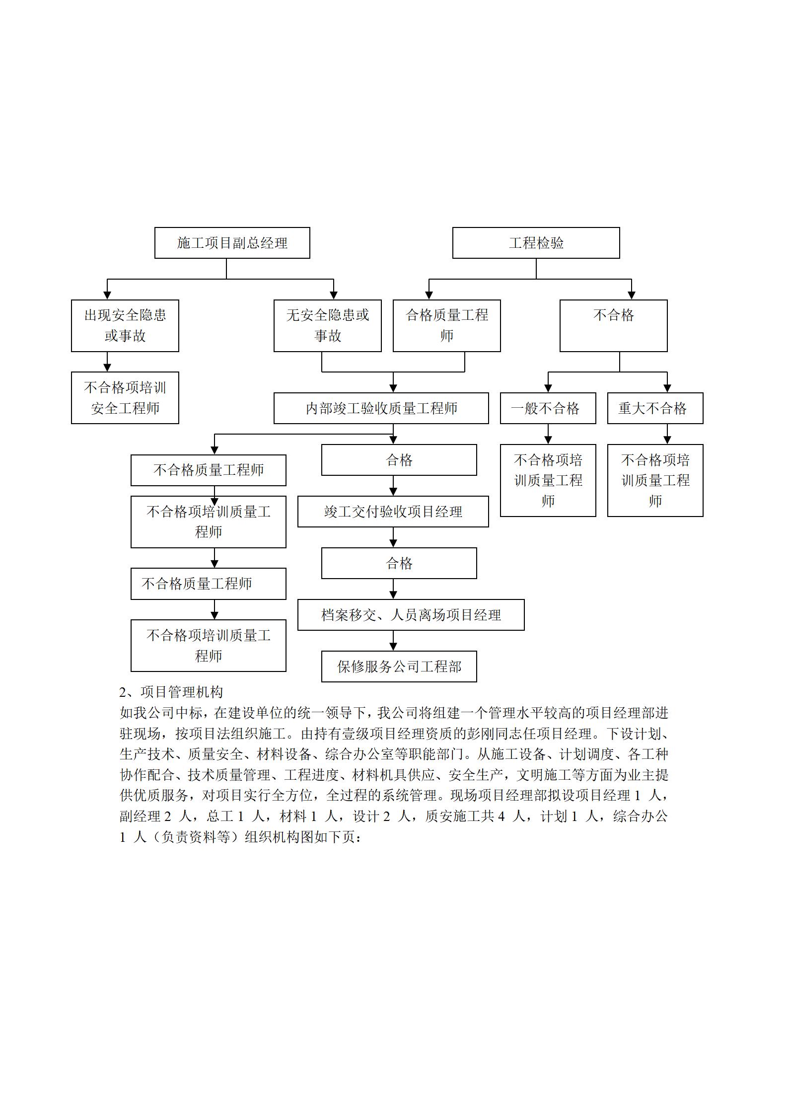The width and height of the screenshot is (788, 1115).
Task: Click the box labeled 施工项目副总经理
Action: coord(232,243)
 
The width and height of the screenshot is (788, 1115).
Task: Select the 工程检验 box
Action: coord(536,243)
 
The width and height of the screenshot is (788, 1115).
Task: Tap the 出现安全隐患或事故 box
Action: coord(125,326)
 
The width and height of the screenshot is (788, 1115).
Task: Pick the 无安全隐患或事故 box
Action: coord(328,326)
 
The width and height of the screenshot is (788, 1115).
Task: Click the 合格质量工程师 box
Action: coord(447,326)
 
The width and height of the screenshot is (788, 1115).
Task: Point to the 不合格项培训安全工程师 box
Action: coord(125,398)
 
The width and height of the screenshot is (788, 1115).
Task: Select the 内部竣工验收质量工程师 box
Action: coord(381,408)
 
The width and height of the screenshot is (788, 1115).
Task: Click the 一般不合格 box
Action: coord(548,408)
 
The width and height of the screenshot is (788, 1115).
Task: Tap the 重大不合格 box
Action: coord(655,408)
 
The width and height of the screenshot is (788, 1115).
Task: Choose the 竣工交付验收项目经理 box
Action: coord(393,512)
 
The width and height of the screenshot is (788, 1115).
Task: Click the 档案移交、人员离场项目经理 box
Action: coord(411,615)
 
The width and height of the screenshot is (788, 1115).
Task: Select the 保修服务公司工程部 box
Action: coord(399,667)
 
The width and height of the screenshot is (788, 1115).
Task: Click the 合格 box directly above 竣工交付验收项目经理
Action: coord(399,460)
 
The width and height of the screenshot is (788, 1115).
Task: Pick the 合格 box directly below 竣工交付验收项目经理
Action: coord(399,563)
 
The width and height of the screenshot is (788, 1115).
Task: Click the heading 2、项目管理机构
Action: coord(171,692)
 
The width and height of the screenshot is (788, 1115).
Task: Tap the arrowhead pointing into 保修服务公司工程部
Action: coord(393,647)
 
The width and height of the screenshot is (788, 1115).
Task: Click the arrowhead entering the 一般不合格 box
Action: coord(548,389)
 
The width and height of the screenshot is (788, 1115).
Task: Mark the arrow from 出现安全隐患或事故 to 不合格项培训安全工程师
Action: coord(107,362)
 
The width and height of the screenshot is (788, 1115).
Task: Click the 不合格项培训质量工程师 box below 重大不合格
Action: coord(655,481)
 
